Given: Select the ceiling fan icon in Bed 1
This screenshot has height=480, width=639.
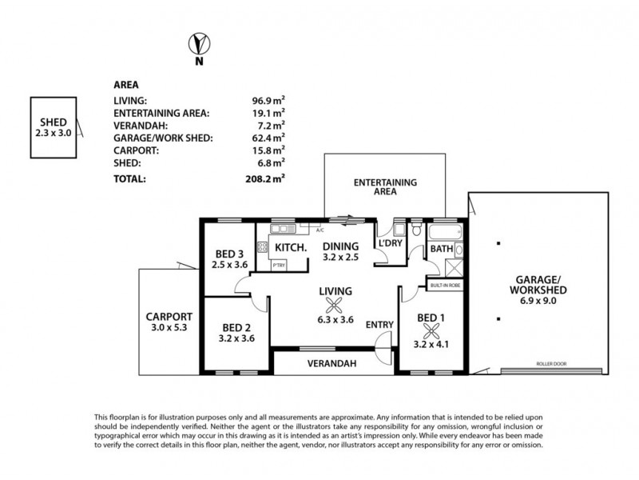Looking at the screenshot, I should [x=432, y=330].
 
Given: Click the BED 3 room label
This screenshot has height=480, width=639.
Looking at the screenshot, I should [x=229, y=254].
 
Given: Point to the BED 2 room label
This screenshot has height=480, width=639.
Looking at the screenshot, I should [x=236, y=327].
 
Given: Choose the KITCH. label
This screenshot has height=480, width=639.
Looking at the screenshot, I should [x=292, y=247].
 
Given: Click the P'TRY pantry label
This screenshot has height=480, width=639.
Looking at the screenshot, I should [x=279, y=265].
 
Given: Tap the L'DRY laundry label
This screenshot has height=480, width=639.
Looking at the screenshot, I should [x=390, y=243].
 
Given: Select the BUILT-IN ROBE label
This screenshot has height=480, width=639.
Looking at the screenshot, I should [x=445, y=284].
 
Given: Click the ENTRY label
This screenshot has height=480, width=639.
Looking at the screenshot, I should [x=379, y=324].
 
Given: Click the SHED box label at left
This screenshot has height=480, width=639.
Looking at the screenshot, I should [x=54, y=122].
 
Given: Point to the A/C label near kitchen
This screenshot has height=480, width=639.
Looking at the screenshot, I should [x=320, y=230].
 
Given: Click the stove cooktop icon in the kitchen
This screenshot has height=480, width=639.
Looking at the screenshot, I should [x=262, y=247].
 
